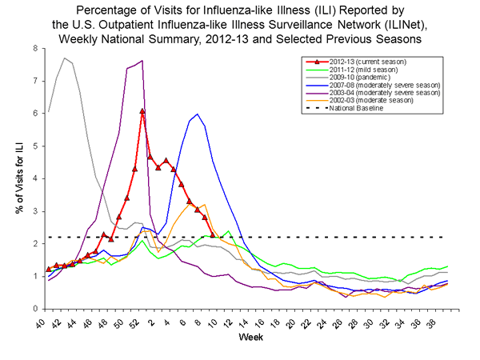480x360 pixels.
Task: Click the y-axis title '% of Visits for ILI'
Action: (x=17, y=178)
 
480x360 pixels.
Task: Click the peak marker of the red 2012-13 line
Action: (x=142, y=111)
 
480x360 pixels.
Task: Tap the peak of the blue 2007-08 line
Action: (x=197, y=114)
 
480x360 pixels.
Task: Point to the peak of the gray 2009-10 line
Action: (x=64, y=58)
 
